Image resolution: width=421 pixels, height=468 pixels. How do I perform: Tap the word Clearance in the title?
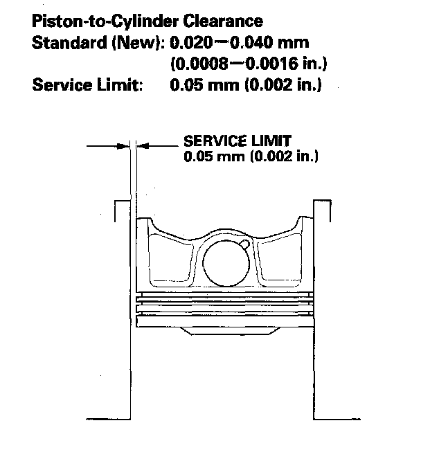(223, 21)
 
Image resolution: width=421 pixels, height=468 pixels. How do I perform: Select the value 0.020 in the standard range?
(191, 43)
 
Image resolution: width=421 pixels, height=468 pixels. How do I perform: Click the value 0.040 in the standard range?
(252, 43)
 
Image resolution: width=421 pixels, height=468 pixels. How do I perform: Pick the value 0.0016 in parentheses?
(271, 64)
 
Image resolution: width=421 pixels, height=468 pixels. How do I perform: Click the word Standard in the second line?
(69, 43)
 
